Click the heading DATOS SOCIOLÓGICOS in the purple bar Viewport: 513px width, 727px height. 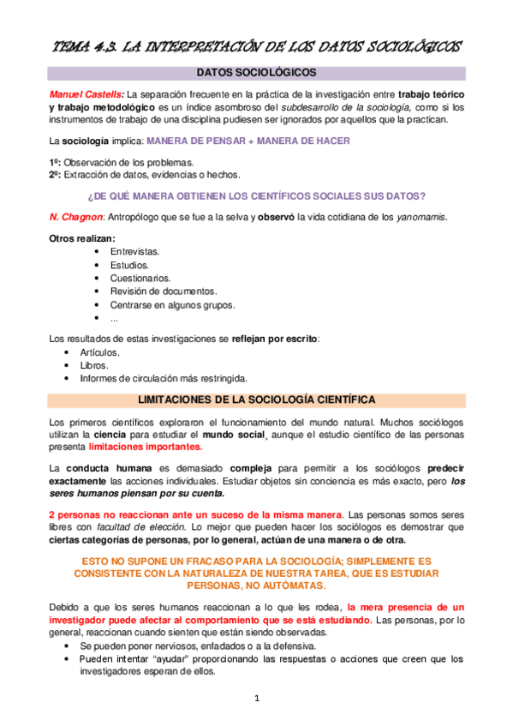pyautogui.click(x=256, y=74)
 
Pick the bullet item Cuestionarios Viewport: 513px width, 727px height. pyautogui.click(x=140, y=278)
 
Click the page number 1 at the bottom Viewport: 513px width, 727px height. pyautogui.click(x=256, y=699)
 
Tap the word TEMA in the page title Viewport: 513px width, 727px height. pyautogui.click(x=71, y=45)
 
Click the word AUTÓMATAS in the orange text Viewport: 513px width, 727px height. pyautogui.click(x=288, y=586)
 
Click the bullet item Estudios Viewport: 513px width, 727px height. pyautogui.click(x=129, y=265)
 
